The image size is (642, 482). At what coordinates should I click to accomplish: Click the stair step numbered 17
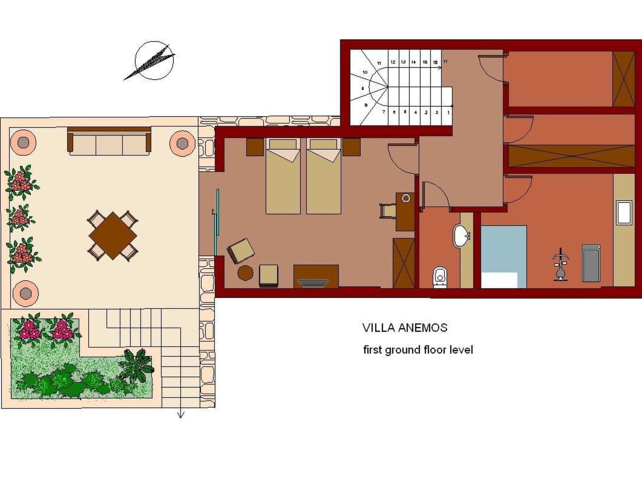(x=445, y=62)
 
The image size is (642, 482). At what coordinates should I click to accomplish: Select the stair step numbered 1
(x=448, y=112)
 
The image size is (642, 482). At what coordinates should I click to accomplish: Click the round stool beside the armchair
(x=245, y=273)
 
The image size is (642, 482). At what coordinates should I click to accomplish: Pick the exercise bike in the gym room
(x=560, y=264)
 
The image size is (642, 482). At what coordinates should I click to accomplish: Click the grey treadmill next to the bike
(x=591, y=263)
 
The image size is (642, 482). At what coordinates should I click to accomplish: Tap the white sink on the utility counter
(x=624, y=213)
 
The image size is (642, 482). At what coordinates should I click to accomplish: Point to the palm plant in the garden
(x=137, y=366)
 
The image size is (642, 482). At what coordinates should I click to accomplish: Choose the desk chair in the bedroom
(x=387, y=211)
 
